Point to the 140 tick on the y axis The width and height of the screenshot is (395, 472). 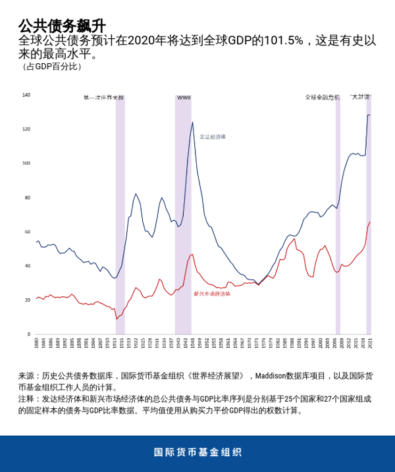tap(26, 95)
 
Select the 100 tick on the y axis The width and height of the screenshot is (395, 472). tap(26, 163)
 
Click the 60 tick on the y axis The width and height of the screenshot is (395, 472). tap(27, 232)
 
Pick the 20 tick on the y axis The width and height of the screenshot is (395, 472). tap(27, 300)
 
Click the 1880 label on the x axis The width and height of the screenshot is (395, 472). tap(36, 344)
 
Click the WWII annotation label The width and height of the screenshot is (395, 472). tap(184, 97)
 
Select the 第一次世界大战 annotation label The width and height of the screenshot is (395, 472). tap(103, 97)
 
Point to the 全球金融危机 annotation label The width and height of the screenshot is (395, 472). tap(322, 97)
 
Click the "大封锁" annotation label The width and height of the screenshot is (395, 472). tap(360, 97)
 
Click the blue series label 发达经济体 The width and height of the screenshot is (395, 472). tap(213, 137)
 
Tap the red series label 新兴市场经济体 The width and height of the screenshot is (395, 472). tap(212, 294)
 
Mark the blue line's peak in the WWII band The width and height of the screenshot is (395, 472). tap(192, 122)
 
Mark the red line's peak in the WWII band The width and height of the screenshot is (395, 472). tap(192, 254)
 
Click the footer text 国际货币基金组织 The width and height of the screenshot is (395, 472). tap(197, 453)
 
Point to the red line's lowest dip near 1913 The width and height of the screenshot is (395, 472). tap(117, 319)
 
